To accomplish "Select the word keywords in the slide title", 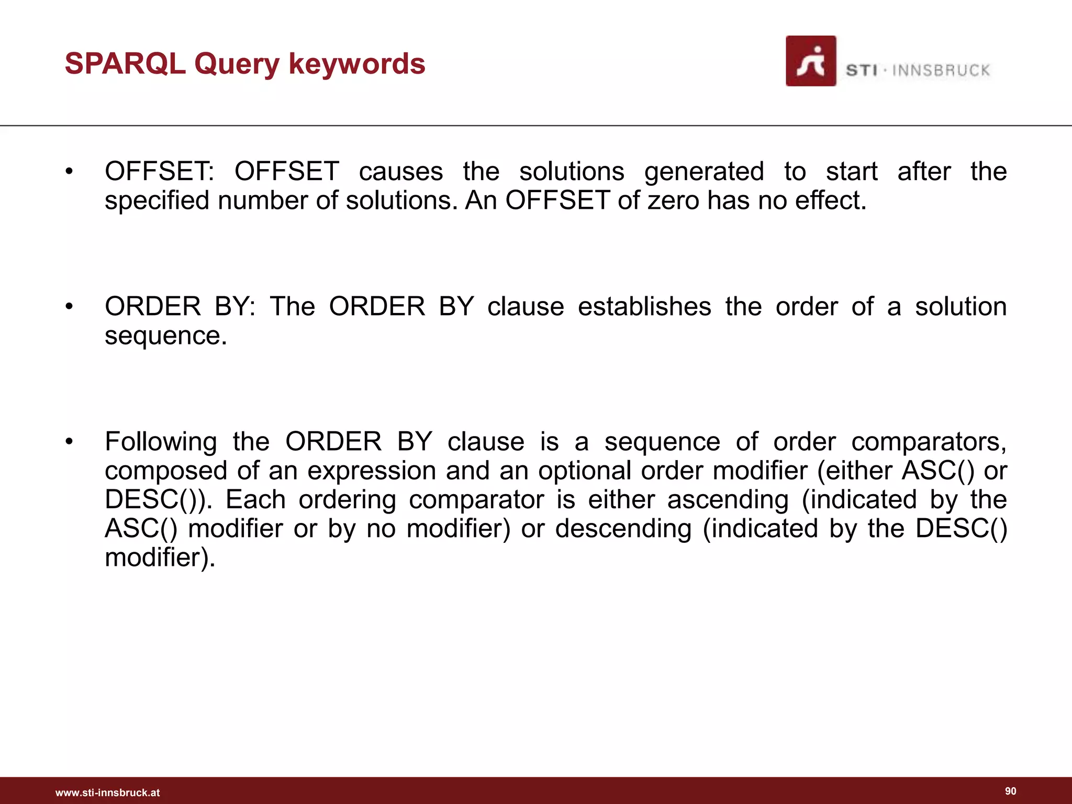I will (x=357, y=64).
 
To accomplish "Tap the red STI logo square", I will (x=811, y=61).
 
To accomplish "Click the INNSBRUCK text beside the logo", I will (x=941, y=71).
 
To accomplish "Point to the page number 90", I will (x=1011, y=791).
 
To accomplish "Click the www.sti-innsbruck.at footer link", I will (x=107, y=792).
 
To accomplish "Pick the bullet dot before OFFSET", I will (x=69, y=172).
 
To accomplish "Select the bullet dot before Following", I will (x=69, y=442).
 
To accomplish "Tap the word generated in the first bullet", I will (x=704, y=172).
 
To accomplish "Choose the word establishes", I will (x=644, y=307).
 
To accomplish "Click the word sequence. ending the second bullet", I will (x=166, y=336).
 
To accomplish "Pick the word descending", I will (x=623, y=529).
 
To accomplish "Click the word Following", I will (x=161, y=442).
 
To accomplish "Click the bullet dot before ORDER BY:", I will (x=69, y=307).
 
